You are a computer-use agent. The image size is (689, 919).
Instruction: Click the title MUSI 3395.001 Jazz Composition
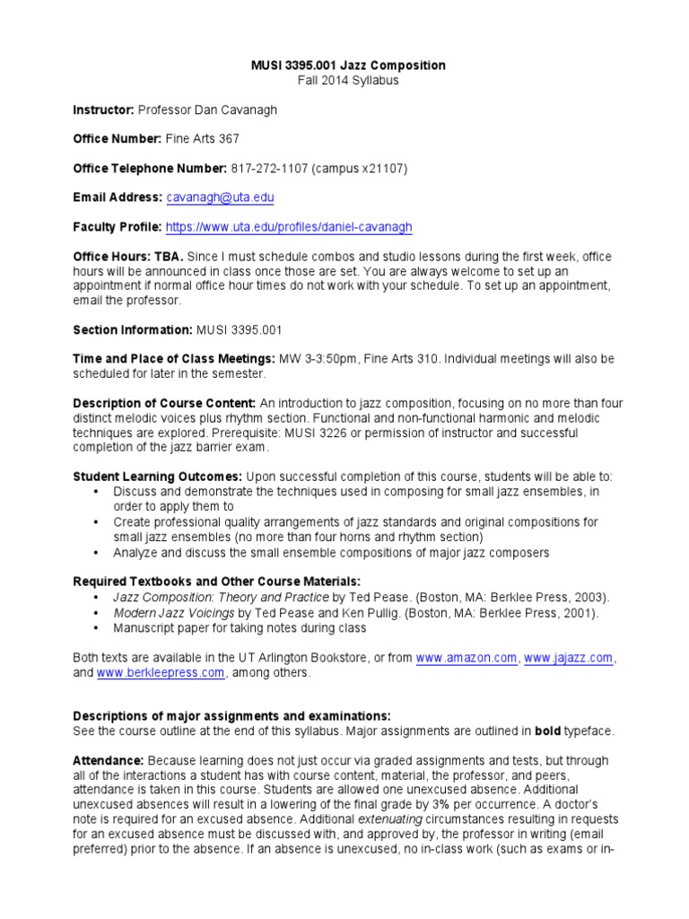[x=346, y=66]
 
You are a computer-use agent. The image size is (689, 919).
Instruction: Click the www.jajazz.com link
[x=569, y=658]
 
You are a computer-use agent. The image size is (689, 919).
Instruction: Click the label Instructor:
[x=103, y=109]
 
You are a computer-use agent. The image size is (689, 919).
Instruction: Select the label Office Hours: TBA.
[x=127, y=257]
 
